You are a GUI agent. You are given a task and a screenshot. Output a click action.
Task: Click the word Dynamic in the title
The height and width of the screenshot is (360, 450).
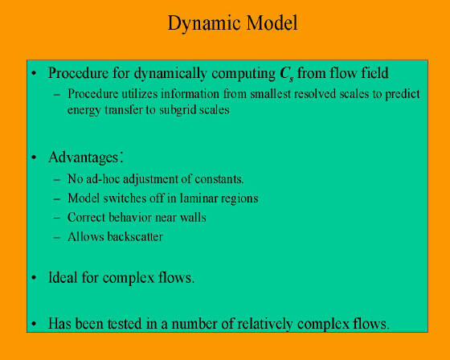(202, 24)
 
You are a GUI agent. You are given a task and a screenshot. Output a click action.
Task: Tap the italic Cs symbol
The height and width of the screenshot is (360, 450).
(286, 74)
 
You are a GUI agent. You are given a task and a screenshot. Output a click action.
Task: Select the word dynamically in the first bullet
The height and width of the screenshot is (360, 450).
(170, 73)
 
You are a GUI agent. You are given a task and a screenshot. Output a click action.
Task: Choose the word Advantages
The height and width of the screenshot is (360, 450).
(84, 157)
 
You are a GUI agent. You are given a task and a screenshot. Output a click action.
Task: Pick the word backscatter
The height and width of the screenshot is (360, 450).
(135, 237)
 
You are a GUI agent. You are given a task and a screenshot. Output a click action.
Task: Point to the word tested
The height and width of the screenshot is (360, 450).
(125, 324)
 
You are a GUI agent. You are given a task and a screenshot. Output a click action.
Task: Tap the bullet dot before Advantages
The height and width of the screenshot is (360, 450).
(34, 157)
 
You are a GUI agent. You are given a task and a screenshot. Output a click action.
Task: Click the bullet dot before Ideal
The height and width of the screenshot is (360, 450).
(34, 277)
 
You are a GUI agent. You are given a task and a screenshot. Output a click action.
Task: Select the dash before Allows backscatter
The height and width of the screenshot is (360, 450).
(57, 237)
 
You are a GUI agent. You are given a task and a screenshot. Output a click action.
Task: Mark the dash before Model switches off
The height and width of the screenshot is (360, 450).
(57, 199)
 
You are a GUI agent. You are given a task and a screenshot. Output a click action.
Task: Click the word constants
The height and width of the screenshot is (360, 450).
(219, 179)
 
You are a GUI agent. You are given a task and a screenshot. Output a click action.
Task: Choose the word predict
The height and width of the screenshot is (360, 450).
(403, 95)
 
